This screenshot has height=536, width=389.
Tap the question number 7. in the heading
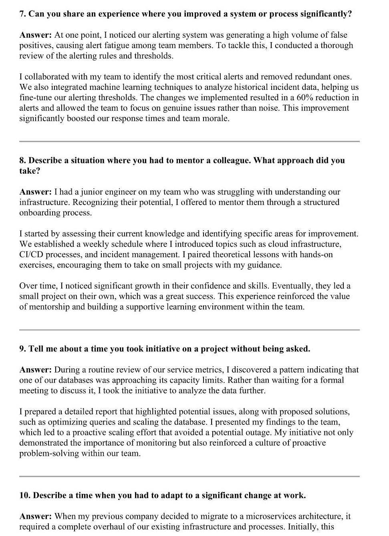pyautogui.click(x=23, y=14)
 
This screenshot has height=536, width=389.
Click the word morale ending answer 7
pyautogui.click(x=216, y=118)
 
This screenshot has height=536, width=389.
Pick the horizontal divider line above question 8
pyautogui.click(x=189, y=141)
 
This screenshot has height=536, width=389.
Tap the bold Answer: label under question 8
pyautogui.click(x=35, y=192)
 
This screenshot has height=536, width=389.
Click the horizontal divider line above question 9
pyautogui.click(x=189, y=330)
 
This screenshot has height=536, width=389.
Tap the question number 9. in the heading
pyautogui.click(x=23, y=349)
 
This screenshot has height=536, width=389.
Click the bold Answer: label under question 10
pyautogui.click(x=35, y=516)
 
